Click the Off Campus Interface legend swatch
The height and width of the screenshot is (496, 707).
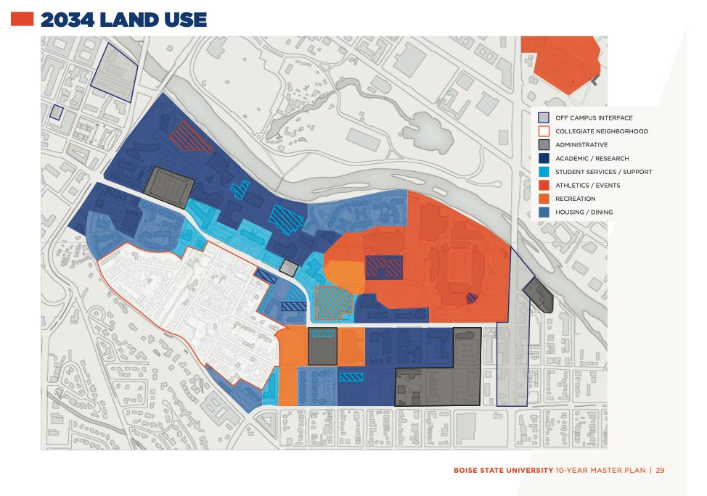click(543, 117)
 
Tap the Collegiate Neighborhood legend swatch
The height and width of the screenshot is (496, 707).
click(543, 131)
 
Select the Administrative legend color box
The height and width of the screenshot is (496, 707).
click(543, 145)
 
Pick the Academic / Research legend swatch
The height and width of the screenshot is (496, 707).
click(543, 158)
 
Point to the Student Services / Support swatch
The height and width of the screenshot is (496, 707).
click(543, 172)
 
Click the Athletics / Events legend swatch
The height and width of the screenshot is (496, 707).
click(543, 186)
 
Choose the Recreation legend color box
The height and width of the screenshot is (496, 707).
click(543, 199)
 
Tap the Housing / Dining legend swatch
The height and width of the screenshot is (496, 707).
click(543, 212)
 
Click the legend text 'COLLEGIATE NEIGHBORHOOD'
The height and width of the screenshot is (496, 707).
click(601, 131)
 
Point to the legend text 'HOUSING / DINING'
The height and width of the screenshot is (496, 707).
click(584, 212)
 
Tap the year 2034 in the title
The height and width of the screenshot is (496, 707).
click(68, 20)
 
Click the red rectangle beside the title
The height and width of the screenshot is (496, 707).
click(22, 20)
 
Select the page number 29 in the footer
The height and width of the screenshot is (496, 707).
click(660, 471)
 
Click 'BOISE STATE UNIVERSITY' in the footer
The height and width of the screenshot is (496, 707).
click(503, 471)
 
